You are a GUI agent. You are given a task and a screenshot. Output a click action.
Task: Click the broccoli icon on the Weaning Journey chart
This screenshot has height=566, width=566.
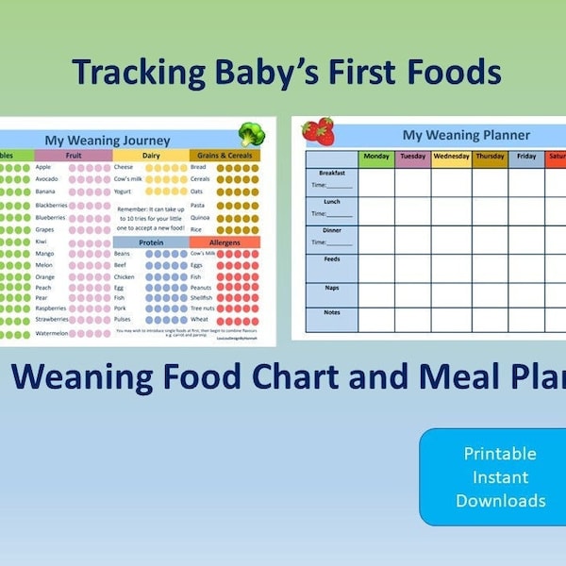tap(251, 133)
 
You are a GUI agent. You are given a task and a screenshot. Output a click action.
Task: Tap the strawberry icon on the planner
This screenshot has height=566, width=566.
tap(319, 130)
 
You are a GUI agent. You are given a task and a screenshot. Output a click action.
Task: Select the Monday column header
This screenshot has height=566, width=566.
tap(376, 158)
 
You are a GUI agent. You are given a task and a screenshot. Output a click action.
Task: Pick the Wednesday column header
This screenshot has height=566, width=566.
tap(451, 158)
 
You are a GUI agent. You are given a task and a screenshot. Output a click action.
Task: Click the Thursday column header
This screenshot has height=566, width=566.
tap(490, 158)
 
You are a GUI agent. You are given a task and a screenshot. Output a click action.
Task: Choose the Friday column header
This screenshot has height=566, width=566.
tap(526, 158)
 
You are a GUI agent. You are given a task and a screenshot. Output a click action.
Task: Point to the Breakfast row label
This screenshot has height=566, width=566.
tap(332, 174)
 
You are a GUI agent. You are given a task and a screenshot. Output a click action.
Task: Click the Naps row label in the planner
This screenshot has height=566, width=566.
tap(332, 288)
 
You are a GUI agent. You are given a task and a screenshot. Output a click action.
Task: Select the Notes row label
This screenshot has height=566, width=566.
tap(332, 312)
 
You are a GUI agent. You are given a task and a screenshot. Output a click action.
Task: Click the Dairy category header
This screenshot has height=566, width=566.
tap(151, 155)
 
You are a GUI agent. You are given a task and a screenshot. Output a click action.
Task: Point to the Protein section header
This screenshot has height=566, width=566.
tap(151, 241)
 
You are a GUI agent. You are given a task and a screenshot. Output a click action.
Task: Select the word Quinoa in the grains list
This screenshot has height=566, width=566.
tap(201, 217)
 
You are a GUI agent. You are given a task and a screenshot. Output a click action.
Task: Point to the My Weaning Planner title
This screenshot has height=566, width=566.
tap(466, 135)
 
